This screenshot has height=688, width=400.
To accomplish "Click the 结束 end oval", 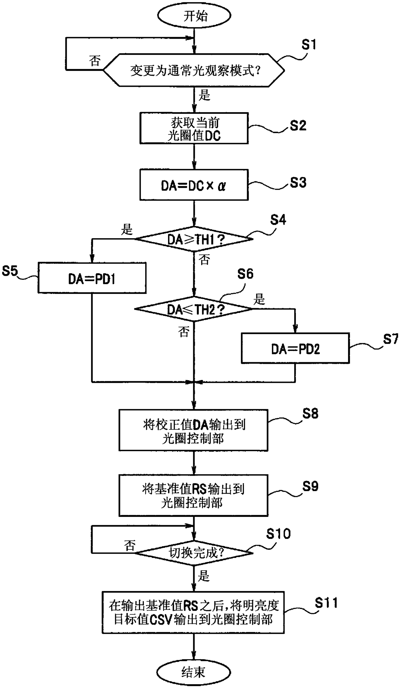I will (x=194, y=672).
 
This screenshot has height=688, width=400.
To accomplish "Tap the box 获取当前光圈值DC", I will (x=194, y=128).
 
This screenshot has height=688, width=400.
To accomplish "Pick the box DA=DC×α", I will (x=194, y=186).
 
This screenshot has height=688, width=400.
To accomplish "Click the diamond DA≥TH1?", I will (x=194, y=239).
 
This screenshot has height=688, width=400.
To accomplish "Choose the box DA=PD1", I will (x=92, y=278).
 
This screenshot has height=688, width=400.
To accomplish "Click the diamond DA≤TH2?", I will (x=194, y=309).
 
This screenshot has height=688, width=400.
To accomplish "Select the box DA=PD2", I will (x=295, y=348).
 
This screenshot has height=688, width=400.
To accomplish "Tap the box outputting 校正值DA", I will (x=194, y=430).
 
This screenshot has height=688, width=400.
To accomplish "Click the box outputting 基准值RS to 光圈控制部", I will (x=194, y=495).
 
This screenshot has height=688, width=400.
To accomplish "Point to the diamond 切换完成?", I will (x=194, y=553).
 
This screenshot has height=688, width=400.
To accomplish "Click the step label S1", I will (x=308, y=45).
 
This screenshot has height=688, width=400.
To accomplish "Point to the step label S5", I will (x=10, y=271).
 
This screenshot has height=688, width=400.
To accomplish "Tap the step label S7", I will (x=390, y=339).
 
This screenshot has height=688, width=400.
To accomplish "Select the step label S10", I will (x=278, y=534).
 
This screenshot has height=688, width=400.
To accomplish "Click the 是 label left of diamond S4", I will (x=127, y=229).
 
